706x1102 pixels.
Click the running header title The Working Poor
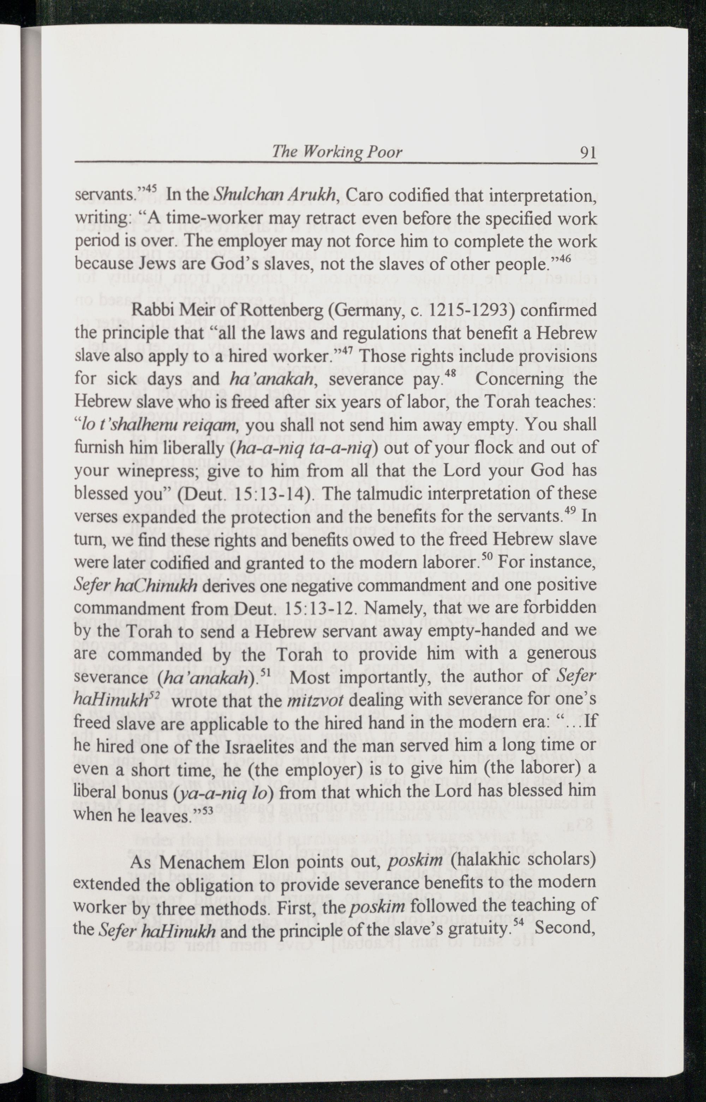point(337,152)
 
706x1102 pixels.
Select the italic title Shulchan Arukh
point(274,195)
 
